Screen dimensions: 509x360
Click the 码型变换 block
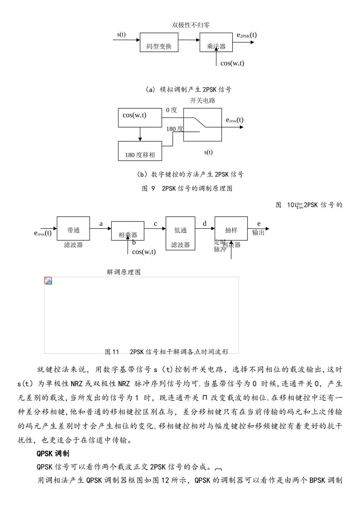[159, 42]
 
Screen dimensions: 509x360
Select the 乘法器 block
[216, 42]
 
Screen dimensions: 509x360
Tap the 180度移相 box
[140, 151]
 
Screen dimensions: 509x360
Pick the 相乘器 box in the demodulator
[128, 231]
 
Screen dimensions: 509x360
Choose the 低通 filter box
[180, 233]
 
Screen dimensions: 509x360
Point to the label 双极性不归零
[191, 25]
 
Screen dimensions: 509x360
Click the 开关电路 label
[202, 101]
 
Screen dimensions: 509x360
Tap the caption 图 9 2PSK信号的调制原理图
[187, 189]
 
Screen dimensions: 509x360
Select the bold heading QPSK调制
[53, 453]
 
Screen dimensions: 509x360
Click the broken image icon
[48, 281]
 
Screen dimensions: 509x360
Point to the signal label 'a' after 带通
[101, 224]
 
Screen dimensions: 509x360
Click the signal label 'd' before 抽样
[205, 224]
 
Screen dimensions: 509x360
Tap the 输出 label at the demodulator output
[258, 233]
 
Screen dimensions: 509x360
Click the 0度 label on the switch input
[171, 110]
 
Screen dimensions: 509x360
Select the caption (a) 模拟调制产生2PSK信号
[188, 90]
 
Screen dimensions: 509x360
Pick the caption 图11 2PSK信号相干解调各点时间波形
[166, 352]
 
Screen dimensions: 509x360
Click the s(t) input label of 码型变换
[121, 34]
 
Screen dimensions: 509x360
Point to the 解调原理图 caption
[124, 272]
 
